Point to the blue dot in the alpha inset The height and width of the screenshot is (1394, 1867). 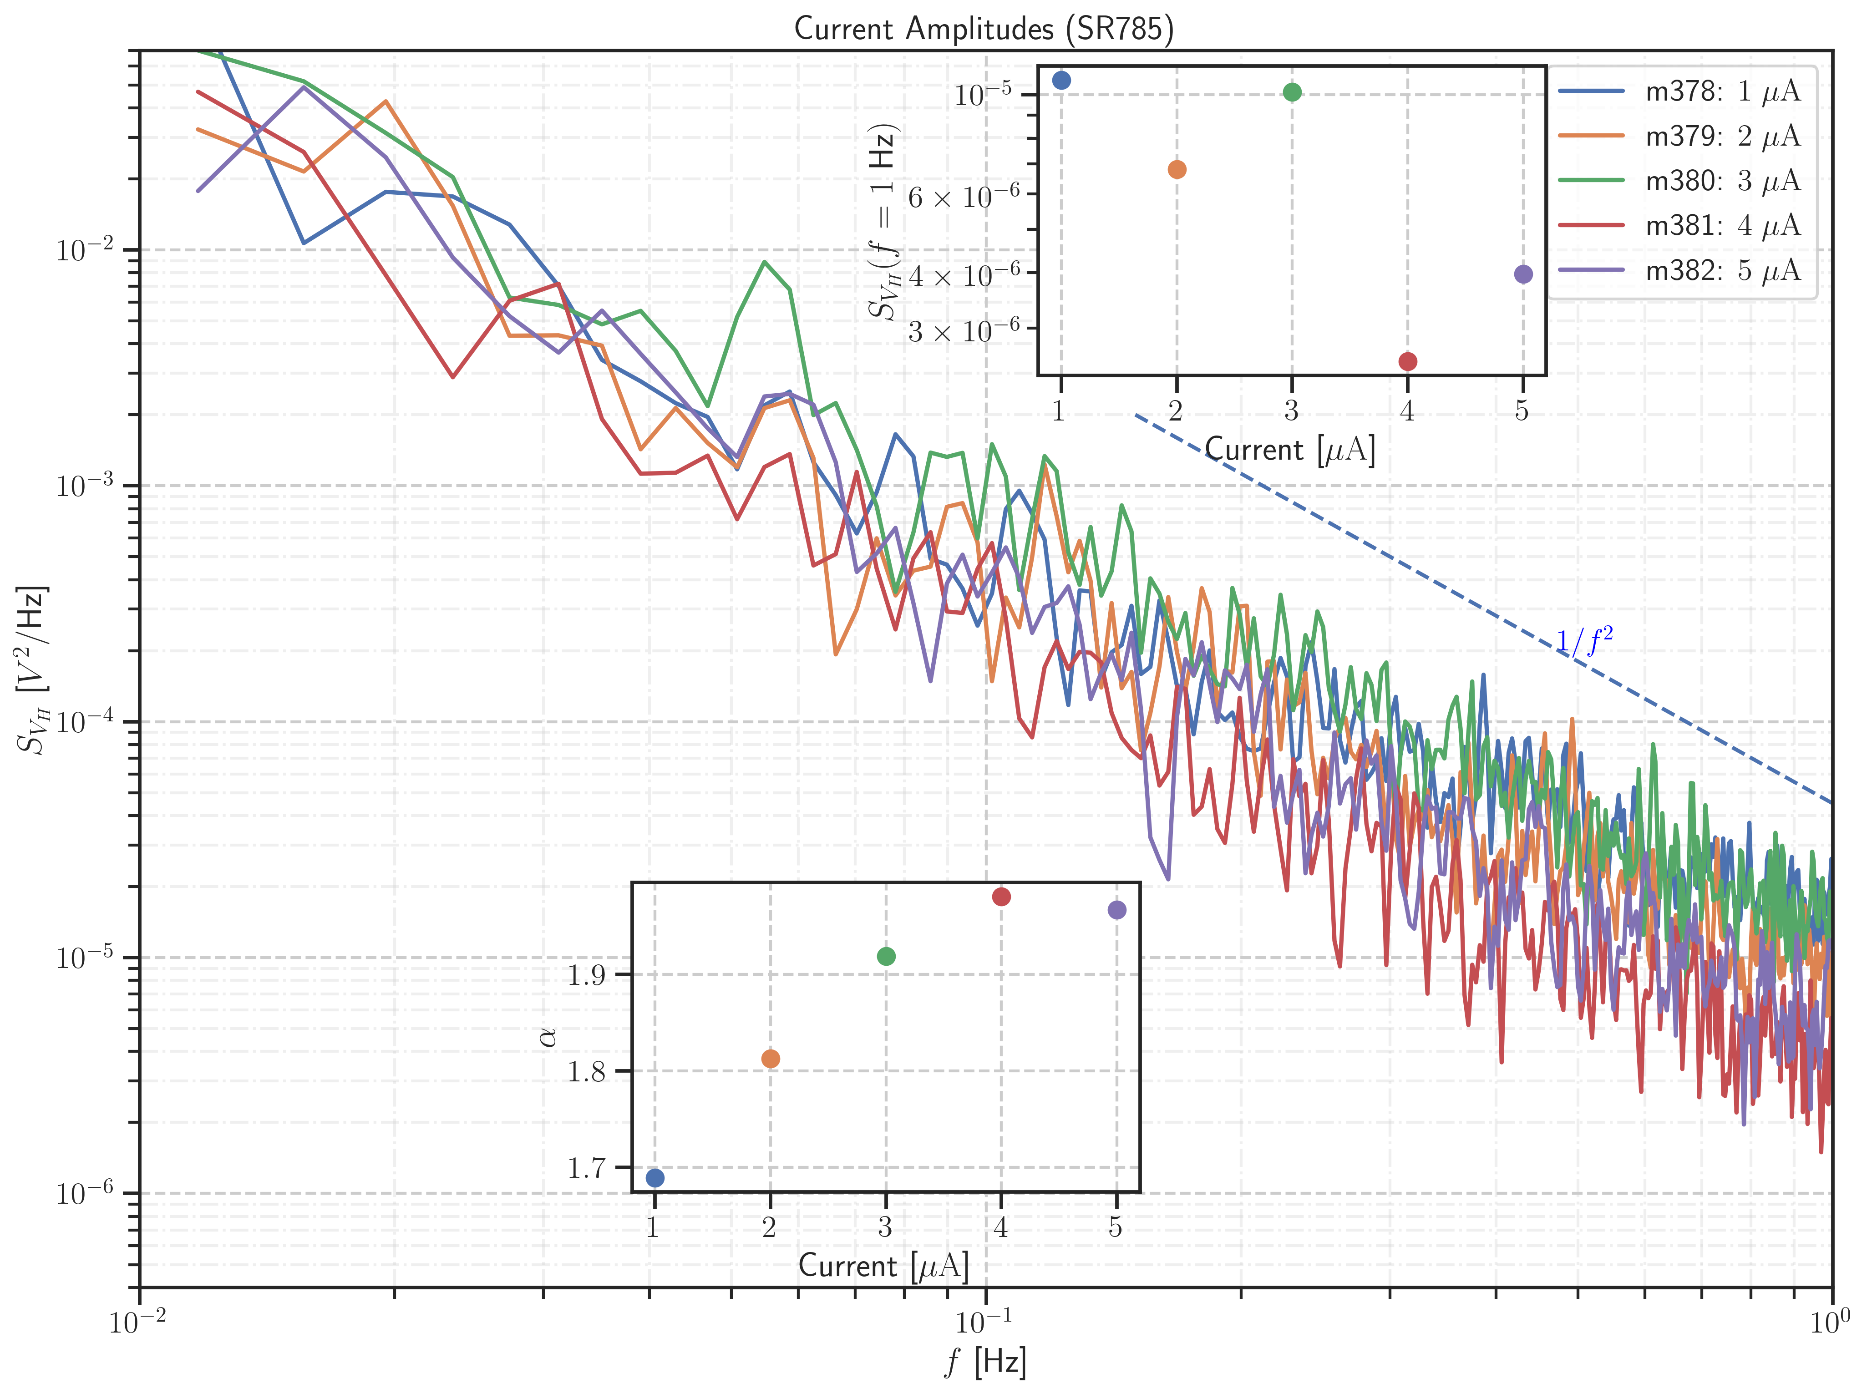[x=654, y=1177]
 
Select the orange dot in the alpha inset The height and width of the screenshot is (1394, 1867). [x=770, y=1058]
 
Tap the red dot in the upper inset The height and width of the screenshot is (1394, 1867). [x=1407, y=361]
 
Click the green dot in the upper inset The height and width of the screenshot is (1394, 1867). [x=1292, y=92]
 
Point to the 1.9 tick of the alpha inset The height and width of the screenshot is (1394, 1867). [x=586, y=975]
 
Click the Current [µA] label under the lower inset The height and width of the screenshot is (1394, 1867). [x=883, y=1266]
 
